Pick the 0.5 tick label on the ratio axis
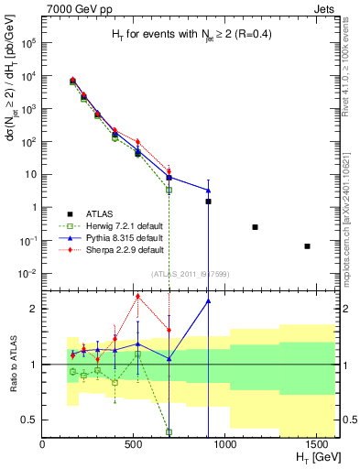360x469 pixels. click(x=28, y=420)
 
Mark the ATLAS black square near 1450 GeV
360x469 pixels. click(x=308, y=246)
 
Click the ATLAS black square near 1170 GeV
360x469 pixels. click(x=255, y=227)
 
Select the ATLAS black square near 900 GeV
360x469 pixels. click(x=209, y=201)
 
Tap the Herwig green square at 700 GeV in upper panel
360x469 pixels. click(x=169, y=191)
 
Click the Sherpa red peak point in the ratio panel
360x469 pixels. click(x=137, y=296)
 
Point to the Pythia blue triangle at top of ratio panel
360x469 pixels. click(x=209, y=300)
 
